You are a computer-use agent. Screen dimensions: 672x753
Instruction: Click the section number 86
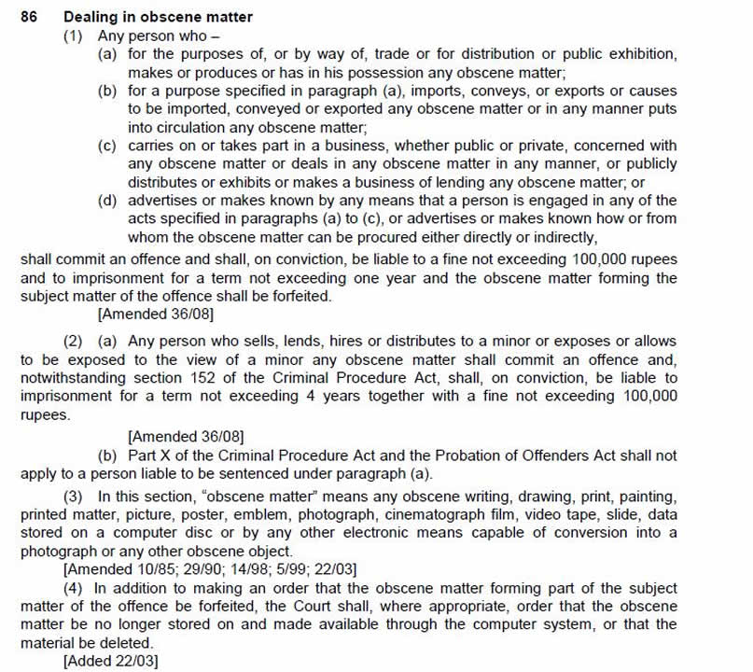click(28, 17)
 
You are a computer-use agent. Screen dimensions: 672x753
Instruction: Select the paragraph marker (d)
click(108, 200)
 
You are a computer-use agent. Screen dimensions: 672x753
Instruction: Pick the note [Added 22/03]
click(106, 661)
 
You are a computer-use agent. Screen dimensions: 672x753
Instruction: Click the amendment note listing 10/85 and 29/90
click(209, 569)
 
